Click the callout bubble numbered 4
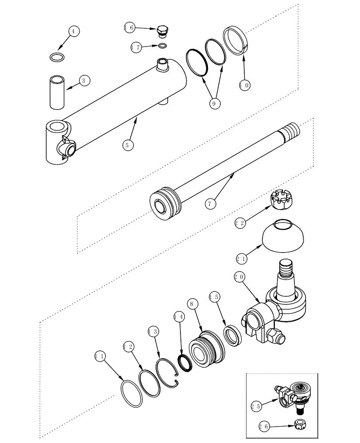74,31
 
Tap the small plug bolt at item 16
163,32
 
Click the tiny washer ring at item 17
163,46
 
